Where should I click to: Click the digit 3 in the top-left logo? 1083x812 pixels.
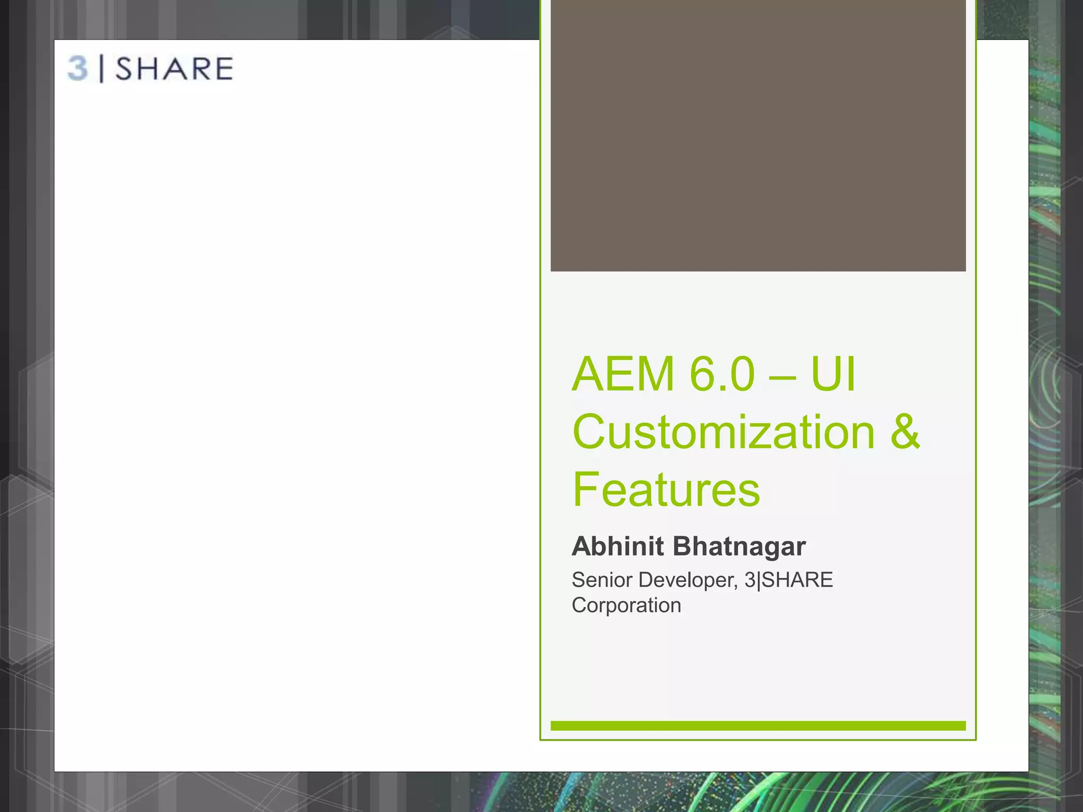77,69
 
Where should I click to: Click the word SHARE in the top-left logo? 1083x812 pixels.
174,69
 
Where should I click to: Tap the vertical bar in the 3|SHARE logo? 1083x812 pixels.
102,69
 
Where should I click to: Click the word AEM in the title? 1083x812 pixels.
623,374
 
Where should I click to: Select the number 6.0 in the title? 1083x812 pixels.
722,374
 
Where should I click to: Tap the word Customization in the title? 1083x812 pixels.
723,432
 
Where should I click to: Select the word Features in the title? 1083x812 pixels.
666,490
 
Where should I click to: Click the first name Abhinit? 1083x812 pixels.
617,546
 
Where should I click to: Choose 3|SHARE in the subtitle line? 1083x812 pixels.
788,580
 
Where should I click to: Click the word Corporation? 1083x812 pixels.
626,605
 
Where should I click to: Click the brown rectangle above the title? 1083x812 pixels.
758,135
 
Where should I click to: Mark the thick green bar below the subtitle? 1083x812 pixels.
758,726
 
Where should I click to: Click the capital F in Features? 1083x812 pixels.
585,490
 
